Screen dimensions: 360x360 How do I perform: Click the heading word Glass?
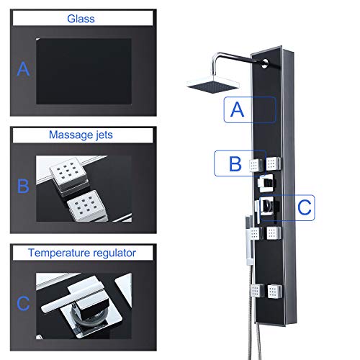click(81, 19)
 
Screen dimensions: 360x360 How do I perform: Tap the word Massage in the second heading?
click(71, 135)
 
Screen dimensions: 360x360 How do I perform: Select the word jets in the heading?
click(104, 135)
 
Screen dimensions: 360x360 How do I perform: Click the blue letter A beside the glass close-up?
click(23, 69)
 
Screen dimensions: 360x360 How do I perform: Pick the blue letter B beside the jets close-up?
click(23, 186)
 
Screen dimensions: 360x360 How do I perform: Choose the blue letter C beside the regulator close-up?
click(23, 303)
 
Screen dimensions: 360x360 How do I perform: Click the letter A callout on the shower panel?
click(237, 109)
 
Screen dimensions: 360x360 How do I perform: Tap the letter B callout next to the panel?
click(235, 163)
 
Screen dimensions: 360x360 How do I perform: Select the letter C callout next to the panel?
click(305, 207)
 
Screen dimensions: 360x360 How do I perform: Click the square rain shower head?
click(213, 84)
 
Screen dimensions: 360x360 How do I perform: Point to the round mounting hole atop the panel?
click(264, 63)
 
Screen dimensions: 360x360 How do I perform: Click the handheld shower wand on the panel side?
click(250, 240)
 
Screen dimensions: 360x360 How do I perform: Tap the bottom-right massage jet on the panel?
click(274, 292)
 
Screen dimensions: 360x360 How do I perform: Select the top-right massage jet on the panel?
click(274, 163)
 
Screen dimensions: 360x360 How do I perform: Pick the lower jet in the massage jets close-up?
click(87, 205)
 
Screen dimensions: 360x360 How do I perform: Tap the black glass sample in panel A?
click(84, 71)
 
